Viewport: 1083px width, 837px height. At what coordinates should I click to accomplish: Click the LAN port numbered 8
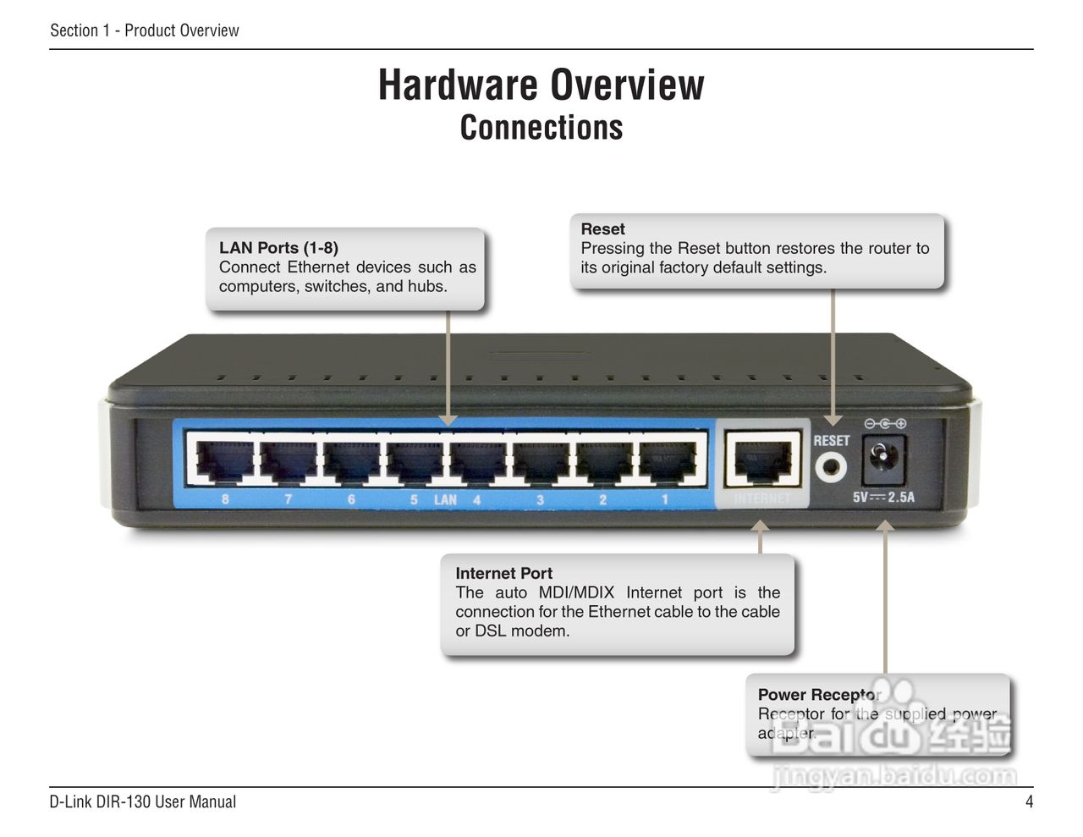[224, 461]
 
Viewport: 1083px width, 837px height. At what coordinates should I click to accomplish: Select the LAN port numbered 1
[667, 461]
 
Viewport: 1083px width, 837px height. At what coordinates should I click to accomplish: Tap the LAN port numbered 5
[415, 461]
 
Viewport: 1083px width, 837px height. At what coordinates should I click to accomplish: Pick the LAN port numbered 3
[541, 461]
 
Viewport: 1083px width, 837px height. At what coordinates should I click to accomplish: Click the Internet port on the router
[762, 461]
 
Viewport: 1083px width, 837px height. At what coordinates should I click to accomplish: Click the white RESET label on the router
[831, 441]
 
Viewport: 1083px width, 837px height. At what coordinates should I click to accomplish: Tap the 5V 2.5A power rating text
[883, 498]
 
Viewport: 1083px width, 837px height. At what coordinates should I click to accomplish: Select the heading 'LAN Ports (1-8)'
[278, 248]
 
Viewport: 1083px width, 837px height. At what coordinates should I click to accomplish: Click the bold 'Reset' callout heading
[602, 229]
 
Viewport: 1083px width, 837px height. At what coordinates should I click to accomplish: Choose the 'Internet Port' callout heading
[503, 573]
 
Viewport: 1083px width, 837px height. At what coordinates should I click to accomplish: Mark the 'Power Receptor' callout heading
[818, 695]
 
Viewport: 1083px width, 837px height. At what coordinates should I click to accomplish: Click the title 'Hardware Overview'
[541, 85]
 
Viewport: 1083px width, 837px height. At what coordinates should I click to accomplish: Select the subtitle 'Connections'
[541, 128]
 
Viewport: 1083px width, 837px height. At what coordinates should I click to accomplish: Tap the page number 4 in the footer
[1029, 801]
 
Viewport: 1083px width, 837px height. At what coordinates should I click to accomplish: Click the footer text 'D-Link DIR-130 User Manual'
[142, 801]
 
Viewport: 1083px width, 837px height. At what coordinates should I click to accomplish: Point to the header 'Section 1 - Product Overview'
[145, 30]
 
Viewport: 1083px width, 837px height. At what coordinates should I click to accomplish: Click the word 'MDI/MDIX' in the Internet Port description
[576, 592]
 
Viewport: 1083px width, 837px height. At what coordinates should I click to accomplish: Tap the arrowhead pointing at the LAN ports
[448, 420]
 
